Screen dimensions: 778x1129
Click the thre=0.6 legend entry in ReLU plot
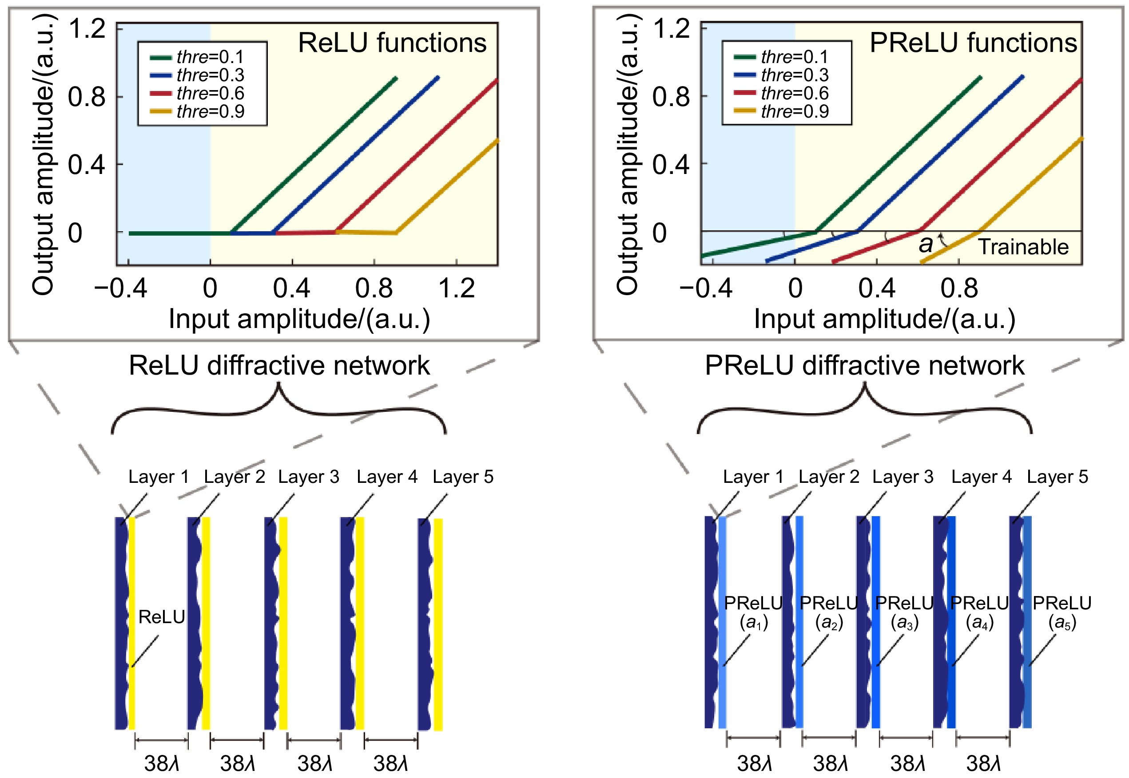tap(210, 93)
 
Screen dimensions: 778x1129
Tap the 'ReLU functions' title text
tap(392, 43)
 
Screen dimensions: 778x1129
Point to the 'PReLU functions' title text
tap(973, 43)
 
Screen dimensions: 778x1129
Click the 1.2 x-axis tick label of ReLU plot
tap(456, 288)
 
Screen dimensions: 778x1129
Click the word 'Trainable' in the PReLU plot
tap(1023, 247)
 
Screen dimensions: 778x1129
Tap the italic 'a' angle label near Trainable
tap(925, 244)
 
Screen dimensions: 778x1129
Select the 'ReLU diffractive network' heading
tap(279, 365)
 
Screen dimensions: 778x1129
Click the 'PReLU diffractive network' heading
tap(864, 365)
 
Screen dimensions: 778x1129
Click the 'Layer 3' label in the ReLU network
tap(308, 477)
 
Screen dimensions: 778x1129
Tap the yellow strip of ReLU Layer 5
tap(437, 624)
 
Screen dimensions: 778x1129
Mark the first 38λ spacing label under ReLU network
tap(162, 763)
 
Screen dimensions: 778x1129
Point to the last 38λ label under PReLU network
tap(983, 763)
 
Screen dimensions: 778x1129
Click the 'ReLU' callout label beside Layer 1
tap(161, 617)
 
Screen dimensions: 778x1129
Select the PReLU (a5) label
tap(1061, 612)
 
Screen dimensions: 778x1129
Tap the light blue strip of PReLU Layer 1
tap(722, 624)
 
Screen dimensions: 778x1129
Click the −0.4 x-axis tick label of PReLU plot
tap(705, 288)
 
